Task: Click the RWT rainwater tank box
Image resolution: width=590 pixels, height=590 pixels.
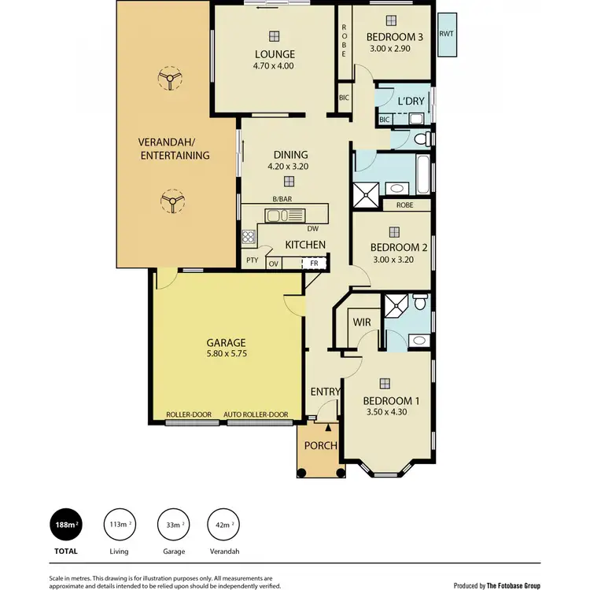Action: click(x=447, y=35)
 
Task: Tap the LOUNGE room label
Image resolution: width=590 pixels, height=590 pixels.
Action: click(x=274, y=54)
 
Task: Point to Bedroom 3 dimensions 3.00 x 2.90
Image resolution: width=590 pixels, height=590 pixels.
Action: click(x=396, y=49)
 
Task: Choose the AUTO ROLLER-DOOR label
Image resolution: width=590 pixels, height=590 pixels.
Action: click(x=256, y=415)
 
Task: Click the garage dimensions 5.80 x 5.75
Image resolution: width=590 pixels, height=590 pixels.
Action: click(x=227, y=355)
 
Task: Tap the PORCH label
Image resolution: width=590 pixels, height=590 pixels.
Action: click(x=321, y=445)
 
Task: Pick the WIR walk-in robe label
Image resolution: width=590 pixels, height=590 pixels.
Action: click(x=362, y=323)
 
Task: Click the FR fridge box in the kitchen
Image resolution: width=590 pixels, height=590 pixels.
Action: click(x=314, y=263)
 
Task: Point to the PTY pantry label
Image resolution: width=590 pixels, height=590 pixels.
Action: click(x=252, y=260)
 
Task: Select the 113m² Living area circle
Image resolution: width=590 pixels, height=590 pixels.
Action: click(x=119, y=525)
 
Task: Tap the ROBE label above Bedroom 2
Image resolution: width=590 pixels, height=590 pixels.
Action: click(x=404, y=205)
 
